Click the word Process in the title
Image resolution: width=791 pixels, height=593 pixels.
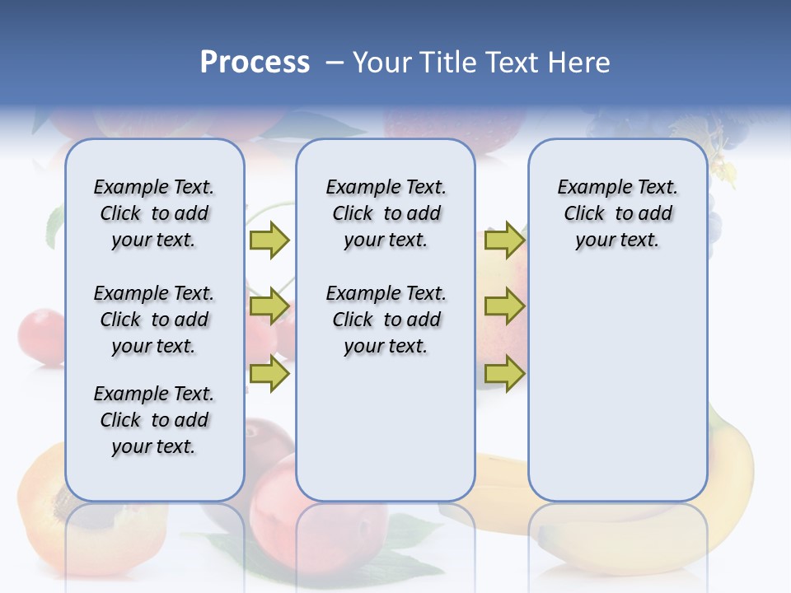[x=255, y=63]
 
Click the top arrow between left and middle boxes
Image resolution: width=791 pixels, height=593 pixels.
[x=269, y=240]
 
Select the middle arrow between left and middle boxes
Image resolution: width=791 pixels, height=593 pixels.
[x=269, y=307]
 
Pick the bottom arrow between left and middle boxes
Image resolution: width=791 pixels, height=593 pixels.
[x=269, y=374]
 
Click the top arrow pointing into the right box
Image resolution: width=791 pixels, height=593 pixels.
[x=504, y=240]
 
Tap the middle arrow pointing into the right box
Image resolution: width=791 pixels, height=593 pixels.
[x=504, y=307]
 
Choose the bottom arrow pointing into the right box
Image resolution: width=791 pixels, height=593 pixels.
[x=504, y=374]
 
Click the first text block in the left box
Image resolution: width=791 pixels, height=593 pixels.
[x=154, y=213]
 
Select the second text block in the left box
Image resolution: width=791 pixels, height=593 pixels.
[x=154, y=320]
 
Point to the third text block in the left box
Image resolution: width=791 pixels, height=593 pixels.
[x=154, y=420]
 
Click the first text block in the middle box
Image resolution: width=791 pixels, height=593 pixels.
[x=386, y=213]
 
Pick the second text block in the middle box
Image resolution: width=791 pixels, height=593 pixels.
[x=386, y=320]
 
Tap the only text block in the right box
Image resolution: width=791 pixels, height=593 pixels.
[x=617, y=213]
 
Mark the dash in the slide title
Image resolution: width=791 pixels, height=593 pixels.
[x=335, y=63]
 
